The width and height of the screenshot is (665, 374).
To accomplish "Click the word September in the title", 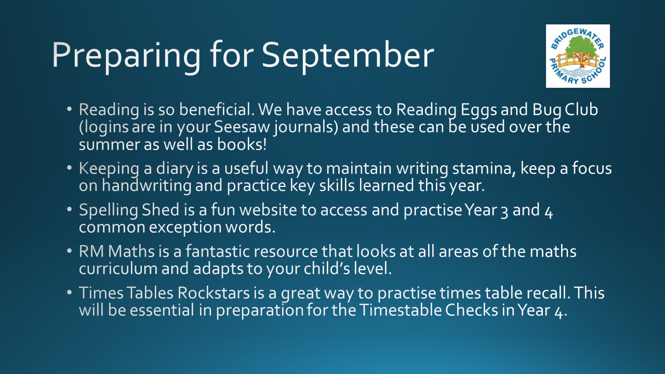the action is (x=348, y=57).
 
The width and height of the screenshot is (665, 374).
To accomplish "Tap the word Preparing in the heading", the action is (x=126, y=57).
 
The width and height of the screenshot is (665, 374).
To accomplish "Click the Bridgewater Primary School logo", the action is (x=578, y=56).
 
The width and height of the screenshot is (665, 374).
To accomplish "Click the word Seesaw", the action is (x=242, y=127).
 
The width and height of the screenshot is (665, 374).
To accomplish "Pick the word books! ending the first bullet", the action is (x=242, y=144).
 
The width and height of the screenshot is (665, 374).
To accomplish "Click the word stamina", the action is (x=484, y=169).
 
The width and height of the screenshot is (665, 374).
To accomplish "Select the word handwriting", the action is (x=147, y=186).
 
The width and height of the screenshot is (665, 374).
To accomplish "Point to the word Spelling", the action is (x=108, y=210).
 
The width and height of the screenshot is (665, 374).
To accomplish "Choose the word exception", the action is (x=185, y=228).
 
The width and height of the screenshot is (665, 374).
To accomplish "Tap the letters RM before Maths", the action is (x=91, y=251).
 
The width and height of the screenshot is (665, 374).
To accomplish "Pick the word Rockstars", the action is (x=214, y=293).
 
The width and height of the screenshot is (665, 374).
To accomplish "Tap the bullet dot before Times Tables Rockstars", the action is (x=70, y=292).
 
